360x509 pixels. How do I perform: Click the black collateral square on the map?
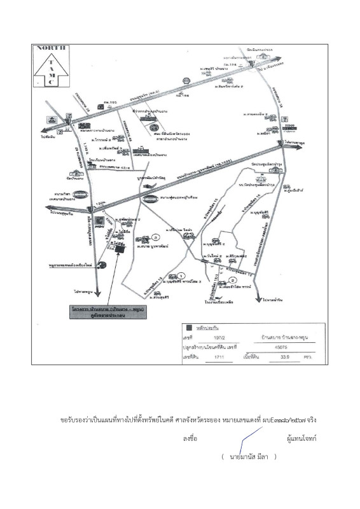click(120, 249)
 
